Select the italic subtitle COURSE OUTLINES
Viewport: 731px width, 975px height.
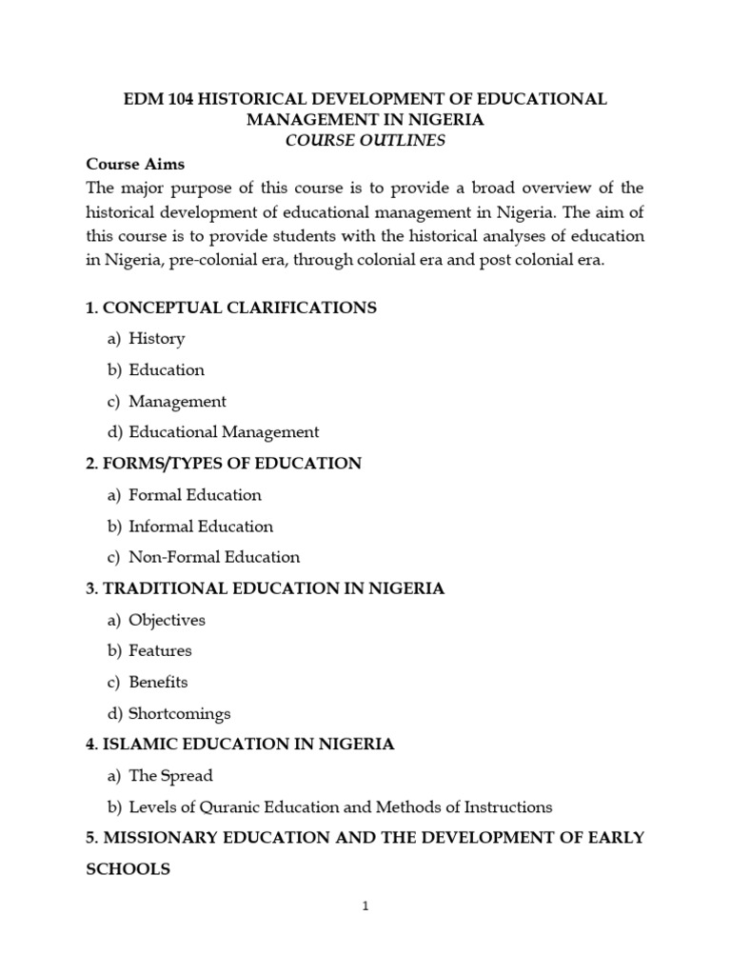pyautogui.click(x=365, y=141)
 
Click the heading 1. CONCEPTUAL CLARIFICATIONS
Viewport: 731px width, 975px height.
pyautogui.click(x=231, y=308)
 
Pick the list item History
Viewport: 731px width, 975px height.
pyautogui.click(x=157, y=338)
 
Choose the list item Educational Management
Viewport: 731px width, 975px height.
pyautogui.click(x=224, y=431)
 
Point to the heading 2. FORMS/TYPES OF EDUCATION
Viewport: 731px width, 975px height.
pyautogui.click(x=224, y=464)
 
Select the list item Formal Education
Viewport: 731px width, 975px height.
pyautogui.click(x=195, y=495)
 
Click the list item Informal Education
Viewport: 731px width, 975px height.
pyautogui.click(x=201, y=527)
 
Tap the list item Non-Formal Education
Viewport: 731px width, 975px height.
pyautogui.click(x=214, y=557)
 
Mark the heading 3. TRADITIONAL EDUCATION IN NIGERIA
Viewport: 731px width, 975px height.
pyautogui.click(x=265, y=588)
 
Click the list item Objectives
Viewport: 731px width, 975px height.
pyautogui.click(x=168, y=620)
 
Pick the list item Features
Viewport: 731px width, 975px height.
pyautogui.click(x=161, y=651)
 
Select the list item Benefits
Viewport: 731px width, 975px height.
pyautogui.click(x=159, y=682)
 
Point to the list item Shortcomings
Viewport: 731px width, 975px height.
pyautogui.click(x=180, y=713)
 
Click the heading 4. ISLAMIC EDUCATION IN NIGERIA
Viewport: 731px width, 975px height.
pyautogui.click(x=240, y=745)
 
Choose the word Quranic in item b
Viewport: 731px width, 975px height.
pyautogui.click(x=227, y=807)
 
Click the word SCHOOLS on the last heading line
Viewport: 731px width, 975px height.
pyautogui.click(x=128, y=869)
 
